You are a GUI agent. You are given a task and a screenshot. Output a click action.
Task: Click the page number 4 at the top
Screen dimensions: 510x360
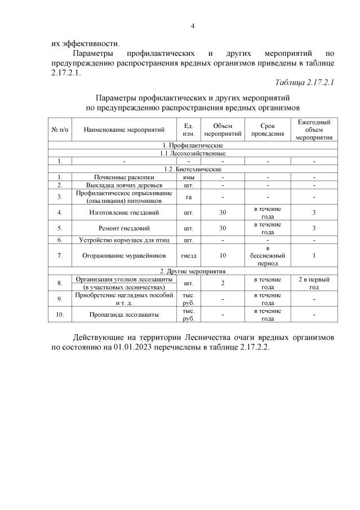(x=193, y=26)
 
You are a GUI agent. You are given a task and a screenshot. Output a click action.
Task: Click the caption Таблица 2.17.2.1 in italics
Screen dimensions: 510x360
(x=304, y=83)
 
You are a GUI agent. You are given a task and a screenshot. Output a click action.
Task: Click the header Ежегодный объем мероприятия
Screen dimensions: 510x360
(x=314, y=130)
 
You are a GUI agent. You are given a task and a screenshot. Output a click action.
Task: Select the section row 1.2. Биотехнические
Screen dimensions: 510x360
(x=193, y=169)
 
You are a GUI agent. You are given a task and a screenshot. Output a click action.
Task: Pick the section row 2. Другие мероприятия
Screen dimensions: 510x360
(x=193, y=271)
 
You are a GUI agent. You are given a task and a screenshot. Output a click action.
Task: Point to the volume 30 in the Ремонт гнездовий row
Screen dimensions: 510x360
(x=223, y=228)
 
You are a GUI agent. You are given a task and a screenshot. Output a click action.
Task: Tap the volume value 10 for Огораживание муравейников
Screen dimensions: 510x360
(x=223, y=255)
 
